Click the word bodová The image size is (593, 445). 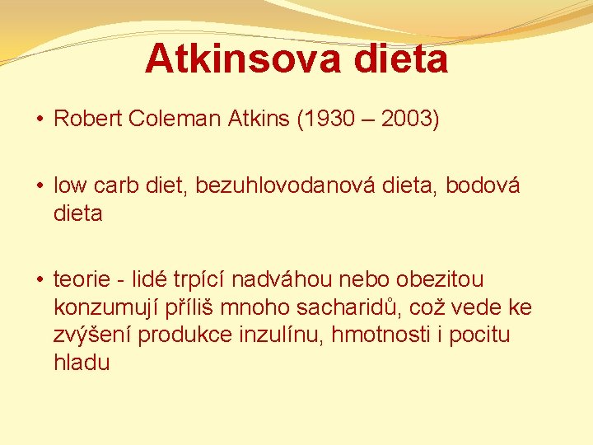tap(483, 187)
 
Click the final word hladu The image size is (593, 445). tap(82, 363)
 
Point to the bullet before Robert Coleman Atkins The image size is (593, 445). tap(40, 119)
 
